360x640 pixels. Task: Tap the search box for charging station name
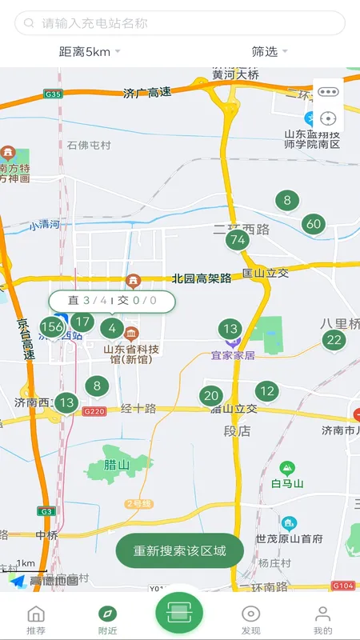point(180,23)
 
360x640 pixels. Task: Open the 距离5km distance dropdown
point(89,52)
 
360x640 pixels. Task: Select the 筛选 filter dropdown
point(269,52)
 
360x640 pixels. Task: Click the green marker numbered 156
point(52,326)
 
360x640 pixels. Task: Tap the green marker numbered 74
point(236,239)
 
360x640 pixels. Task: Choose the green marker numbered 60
point(314,224)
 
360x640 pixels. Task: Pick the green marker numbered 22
point(334,340)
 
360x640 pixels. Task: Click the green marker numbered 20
point(211,395)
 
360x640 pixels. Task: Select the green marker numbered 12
point(267,391)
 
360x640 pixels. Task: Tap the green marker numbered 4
point(112,328)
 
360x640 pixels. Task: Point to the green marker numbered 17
point(82,322)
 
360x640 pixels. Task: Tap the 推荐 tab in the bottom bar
point(36,619)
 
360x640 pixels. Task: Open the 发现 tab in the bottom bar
point(251,619)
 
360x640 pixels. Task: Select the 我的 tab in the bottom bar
point(322,619)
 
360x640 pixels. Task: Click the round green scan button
point(179,613)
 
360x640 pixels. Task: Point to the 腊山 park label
point(117,464)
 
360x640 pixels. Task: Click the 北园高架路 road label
point(202,278)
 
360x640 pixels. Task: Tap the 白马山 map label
point(287,483)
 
